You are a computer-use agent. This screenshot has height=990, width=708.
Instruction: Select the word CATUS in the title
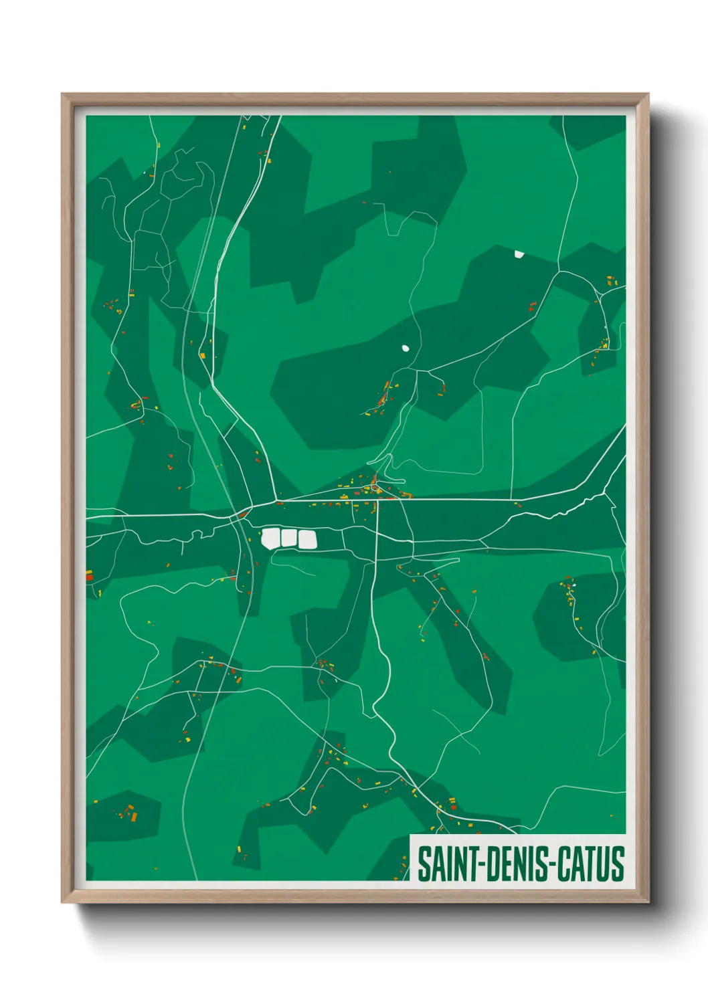tap(590, 864)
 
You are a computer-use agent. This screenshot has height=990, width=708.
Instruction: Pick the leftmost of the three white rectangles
tap(270, 538)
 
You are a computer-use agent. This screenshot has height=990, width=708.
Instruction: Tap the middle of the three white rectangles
tap(288, 538)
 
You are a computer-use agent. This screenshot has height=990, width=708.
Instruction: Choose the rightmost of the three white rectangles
tap(306, 540)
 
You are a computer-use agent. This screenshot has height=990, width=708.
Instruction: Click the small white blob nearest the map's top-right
tap(519, 254)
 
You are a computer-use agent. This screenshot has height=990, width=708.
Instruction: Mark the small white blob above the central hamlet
tap(405, 348)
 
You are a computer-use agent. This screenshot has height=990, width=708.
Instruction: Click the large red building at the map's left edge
tap(89, 575)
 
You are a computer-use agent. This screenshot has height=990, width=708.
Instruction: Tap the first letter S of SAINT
tap(424, 864)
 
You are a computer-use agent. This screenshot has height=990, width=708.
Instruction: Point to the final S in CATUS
tap(618, 864)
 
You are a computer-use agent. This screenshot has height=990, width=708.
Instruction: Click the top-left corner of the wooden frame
tap(62, 94)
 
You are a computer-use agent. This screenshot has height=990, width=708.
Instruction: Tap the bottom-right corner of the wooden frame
tap(648, 902)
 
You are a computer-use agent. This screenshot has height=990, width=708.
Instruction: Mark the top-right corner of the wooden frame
tap(648, 94)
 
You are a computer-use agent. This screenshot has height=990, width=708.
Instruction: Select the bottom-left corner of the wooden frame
tap(62, 902)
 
